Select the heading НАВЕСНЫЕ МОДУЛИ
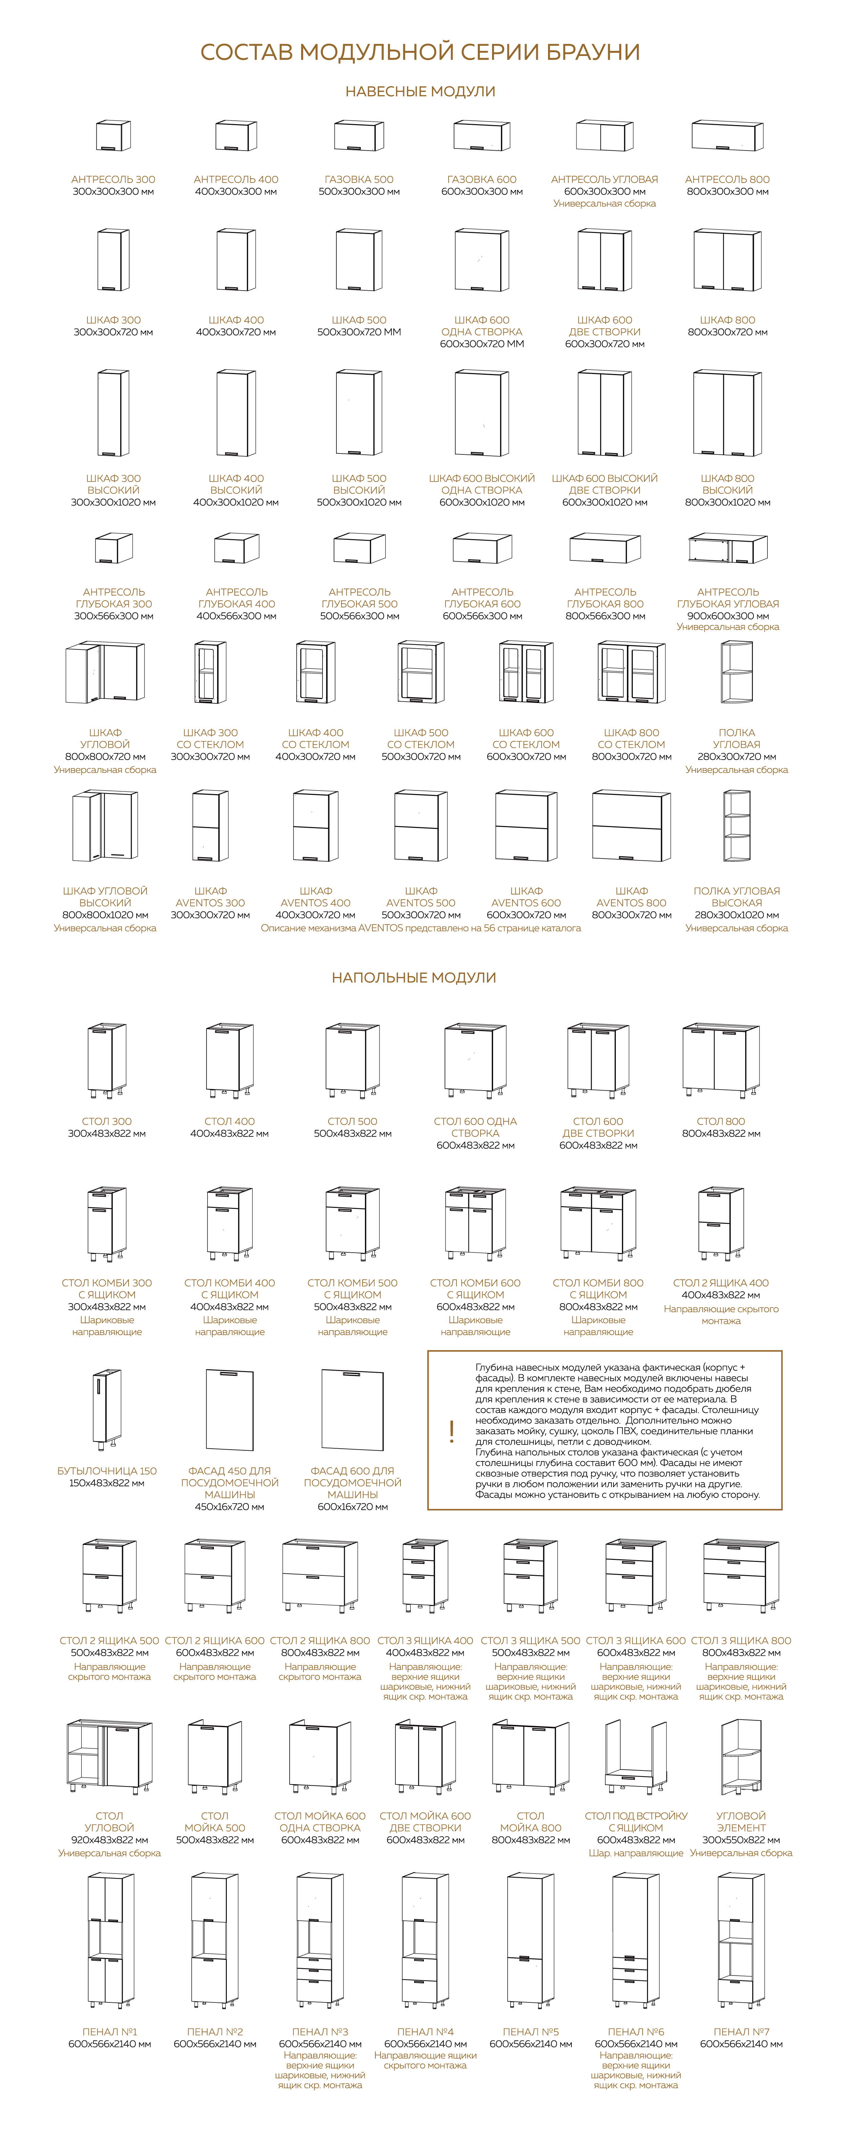click(420, 91)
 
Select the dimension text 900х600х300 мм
click(727, 616)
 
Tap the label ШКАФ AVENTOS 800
click(631, 897)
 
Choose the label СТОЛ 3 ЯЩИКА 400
click(425, 1640)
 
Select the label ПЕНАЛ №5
click(530, 2031)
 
